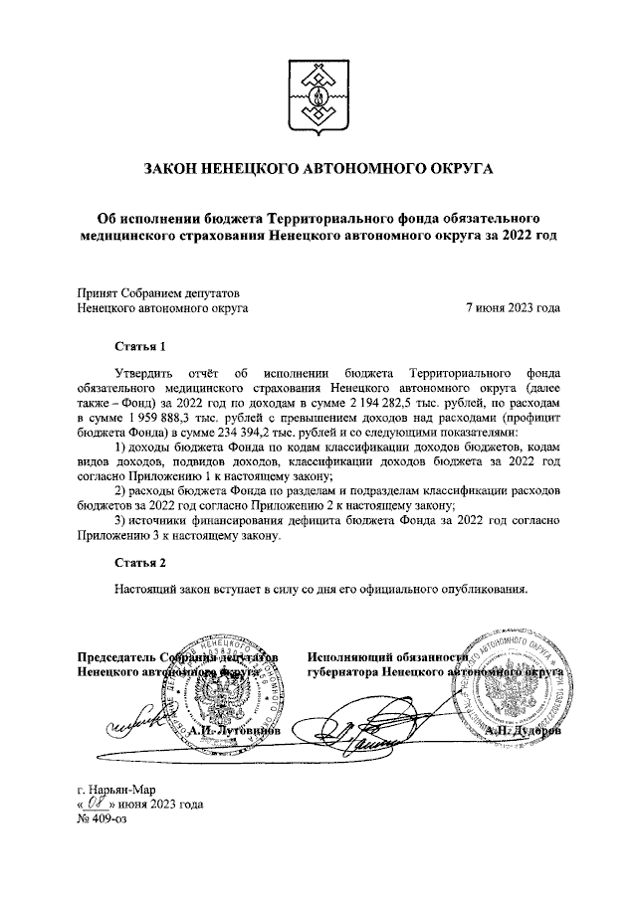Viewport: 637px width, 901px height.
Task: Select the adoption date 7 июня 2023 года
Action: point(513,308)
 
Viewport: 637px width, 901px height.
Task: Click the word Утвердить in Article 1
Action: point(149,377)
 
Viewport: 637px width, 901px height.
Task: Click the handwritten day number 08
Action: point(97,804)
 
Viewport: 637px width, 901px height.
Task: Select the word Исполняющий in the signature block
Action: point(350,658)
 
